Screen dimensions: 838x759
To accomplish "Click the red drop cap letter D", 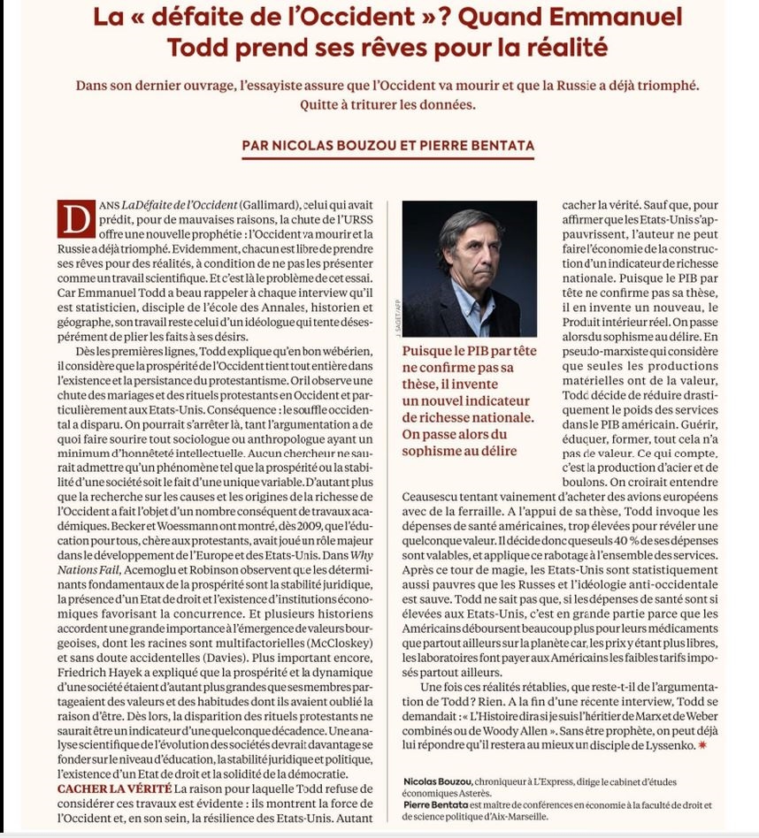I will tap(75, 217).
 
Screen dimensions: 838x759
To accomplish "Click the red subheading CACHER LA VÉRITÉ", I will tap(113, 788).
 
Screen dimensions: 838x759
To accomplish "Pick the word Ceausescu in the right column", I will tap(441, 498).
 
